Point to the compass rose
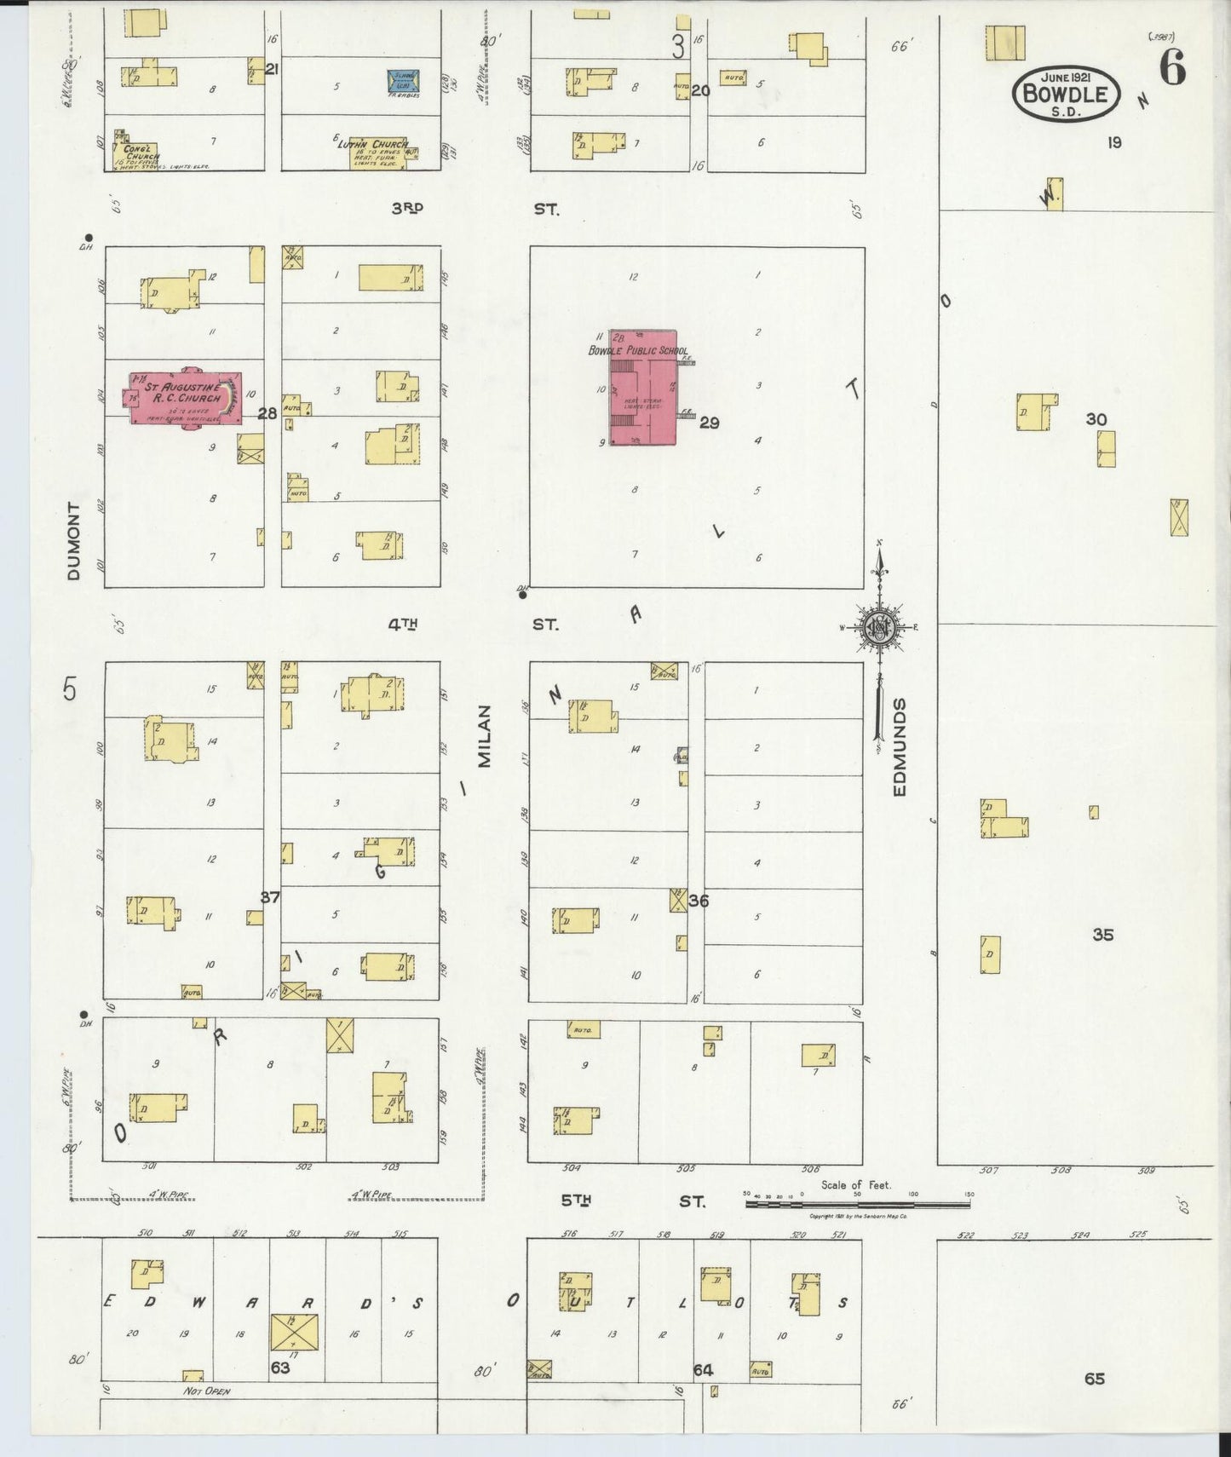[878, 628]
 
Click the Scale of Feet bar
[856, 1205]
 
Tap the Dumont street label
[74, 541]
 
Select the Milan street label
[485, 735]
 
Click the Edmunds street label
[900, 747]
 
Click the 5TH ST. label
[632, 1201]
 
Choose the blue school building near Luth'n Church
[403, 82]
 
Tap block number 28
[267, 413]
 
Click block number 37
[270, 897]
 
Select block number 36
[699, 901]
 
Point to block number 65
[1095, 1378]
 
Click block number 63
[279, 1368]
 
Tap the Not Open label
[206, 1391]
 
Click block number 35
[1103, 935]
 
